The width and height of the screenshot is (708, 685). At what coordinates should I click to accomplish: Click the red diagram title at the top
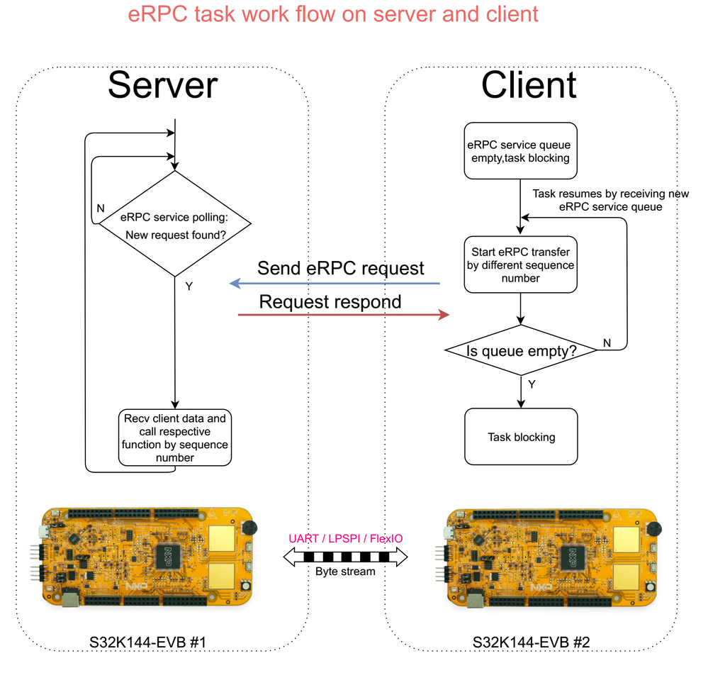[x=333, y=14]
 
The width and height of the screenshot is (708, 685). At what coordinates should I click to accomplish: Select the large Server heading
[x=162, y=85]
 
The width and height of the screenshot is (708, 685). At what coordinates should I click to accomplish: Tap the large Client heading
[x=529, y=85]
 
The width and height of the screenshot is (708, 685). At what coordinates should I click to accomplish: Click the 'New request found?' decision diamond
[x=174, y=224]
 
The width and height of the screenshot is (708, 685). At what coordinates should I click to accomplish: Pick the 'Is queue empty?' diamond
[x=521, y=350]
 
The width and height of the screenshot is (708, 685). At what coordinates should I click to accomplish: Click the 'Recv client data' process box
[x=174, y=438]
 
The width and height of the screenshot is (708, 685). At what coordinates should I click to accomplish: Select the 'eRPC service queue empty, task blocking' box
[x=521, y=152]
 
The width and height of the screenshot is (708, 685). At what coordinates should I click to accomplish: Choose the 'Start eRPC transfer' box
[x=521, y=264]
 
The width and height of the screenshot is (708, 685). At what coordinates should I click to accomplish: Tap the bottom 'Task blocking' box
[x=521, y=438]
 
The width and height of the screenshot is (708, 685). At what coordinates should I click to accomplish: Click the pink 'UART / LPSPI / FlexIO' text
[x=345, y=539]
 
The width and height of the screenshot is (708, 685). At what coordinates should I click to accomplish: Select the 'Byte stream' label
[x=345, y=571]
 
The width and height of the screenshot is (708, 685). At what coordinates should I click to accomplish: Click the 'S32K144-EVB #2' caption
[x=532, y=642]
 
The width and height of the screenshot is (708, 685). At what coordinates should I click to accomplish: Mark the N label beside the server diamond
[x=101, y=209]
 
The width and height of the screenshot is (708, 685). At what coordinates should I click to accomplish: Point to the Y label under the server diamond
[x=189, y=286]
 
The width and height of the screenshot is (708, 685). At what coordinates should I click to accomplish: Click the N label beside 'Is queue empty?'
[x=607, y=342]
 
